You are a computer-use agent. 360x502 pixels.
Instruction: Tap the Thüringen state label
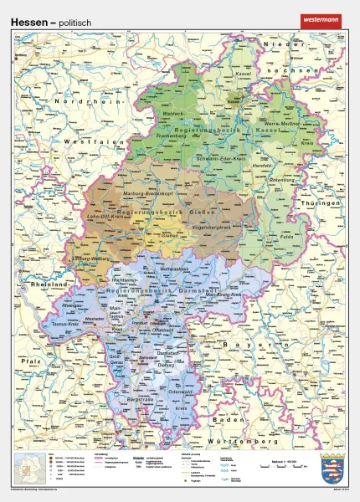[x=323, y=205]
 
